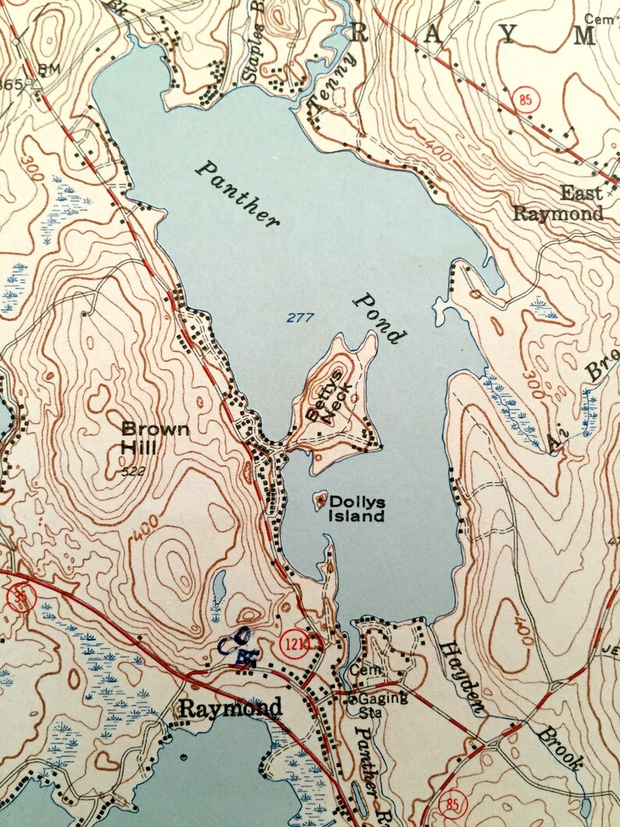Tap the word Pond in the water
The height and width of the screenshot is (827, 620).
pos(380,319)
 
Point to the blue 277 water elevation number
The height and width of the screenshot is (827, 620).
pos(299,317)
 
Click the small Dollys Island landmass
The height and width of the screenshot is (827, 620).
pos(320,500)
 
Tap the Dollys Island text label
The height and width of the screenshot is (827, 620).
pos(357,508)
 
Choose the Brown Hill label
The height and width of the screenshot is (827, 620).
pos(155,438)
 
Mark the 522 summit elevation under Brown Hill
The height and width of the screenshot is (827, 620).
pos(137,472)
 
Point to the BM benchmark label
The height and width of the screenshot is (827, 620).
pos(48,69)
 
